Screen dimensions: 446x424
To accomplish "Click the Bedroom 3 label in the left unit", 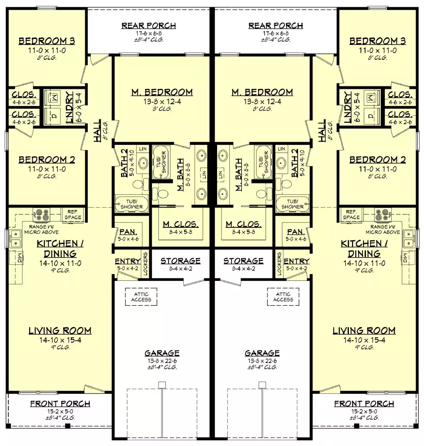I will [x=47, y=41].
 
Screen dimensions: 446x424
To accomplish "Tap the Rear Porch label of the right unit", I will [x=276, y=26].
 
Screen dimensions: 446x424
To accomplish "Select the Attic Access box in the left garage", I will [x=141, y=296].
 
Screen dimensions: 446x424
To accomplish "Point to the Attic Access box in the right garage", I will [x=283, y=296].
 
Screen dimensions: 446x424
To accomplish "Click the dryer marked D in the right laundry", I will [x=371, y=115].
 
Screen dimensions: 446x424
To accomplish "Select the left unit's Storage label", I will [x=181, y=261].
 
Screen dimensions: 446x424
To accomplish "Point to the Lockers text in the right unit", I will [x=279, y=265].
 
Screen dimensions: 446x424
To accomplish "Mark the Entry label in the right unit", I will [x=296, y=261].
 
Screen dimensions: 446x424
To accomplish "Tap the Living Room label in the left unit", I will [x=60, y=331].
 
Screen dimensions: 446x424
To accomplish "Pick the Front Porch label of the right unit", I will [x=364, y=404].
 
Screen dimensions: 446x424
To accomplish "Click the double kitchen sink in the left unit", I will [x=15, y=238].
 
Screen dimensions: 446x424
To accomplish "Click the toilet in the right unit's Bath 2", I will [x=286, y=185].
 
